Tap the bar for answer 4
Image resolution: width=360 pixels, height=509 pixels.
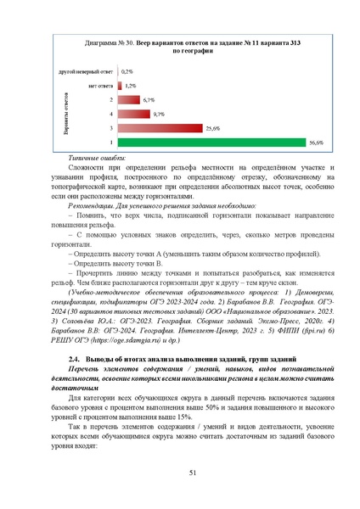pyautogui.click(x=134, y=114)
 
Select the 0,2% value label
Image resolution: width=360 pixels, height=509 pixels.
pyautogui.click(x=127, y=71)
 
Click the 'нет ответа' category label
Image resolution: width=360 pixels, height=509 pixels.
pyautogui.click(x=99, y=86)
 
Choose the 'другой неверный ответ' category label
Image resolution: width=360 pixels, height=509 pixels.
pyautogui.click(x=87, y=71)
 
